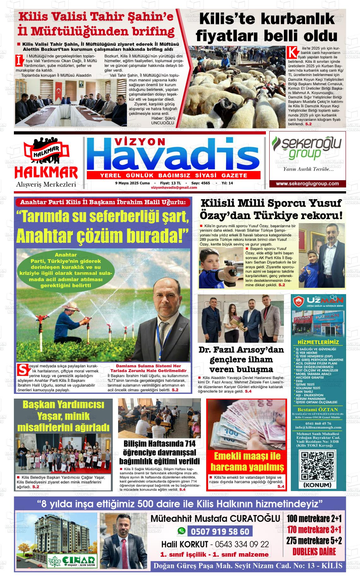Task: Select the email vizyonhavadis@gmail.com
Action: [x=174, y=187]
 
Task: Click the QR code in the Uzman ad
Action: [x=317, y=466]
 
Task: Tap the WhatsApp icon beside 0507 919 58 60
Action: [x=181, y=531]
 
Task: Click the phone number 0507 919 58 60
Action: [x=220, y=532]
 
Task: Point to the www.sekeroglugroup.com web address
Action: [x=307, y=184]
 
